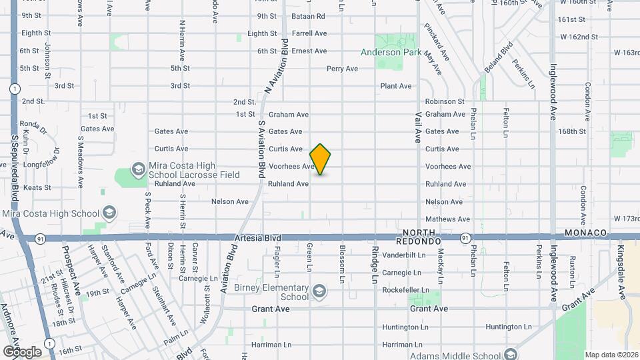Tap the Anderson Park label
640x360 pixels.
coord(391,51)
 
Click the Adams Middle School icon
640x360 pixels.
coord(511,354)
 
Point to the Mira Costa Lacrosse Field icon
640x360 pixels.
coord(138,169)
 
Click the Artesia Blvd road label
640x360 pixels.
coord(258,237)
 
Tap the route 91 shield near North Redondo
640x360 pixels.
coord(465,237)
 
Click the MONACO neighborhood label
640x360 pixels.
coord(586,232)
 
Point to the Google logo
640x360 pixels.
coord(22,351)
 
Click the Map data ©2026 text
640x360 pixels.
coord(611,354)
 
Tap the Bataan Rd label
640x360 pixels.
coord(308,16)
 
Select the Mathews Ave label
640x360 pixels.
coord(447,219)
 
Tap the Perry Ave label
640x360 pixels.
coord(343,69)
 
